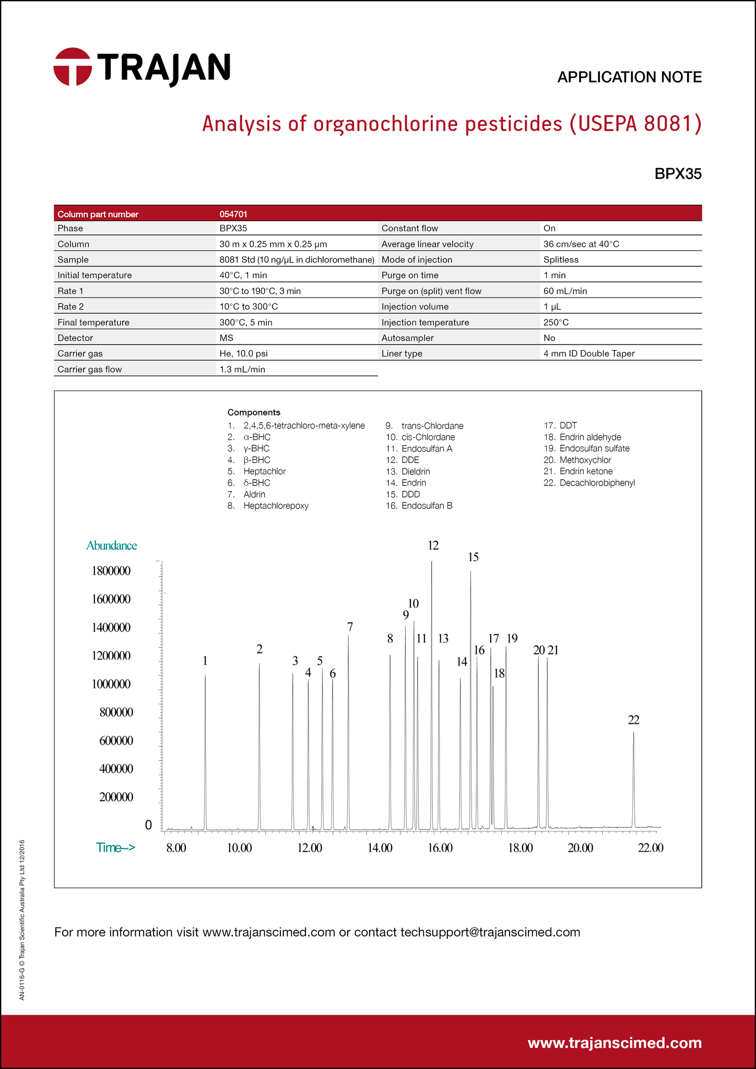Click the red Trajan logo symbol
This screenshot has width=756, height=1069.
tap(73, 66)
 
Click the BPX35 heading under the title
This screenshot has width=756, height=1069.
tap(678, 174)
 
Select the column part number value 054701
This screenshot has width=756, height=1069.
tap(233, 214)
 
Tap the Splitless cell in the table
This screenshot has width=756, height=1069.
tap(561, 259)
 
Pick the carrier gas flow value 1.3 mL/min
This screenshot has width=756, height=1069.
tap(242, 370)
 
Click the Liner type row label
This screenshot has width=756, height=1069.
tap(401, 353)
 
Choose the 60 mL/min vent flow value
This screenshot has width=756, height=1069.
tap(565, 291)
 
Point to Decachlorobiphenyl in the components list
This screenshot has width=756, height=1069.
tap(597, 483)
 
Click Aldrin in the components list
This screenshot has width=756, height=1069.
tap(254, 494)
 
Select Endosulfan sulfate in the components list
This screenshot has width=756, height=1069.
tap(594, 448)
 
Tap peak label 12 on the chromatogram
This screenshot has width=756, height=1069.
tap(433, 546)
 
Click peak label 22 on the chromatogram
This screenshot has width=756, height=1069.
tap(633, 720)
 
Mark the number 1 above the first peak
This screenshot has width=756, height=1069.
tap(205, 661)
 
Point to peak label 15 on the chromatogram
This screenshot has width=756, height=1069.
tap(473, 557)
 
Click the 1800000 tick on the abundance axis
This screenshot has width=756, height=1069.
tap(111, 571)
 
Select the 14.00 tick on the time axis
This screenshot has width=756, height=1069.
tap(380, 848)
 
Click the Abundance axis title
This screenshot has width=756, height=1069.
tap(111, 546)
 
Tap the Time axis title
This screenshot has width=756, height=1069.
tap(115, 848)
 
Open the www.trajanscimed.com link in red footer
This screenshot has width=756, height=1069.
tap(615, 1043)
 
